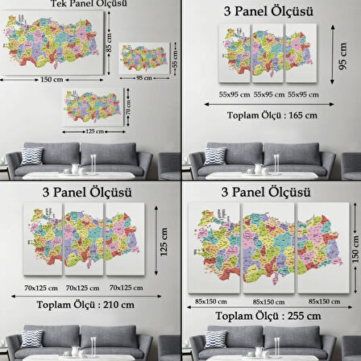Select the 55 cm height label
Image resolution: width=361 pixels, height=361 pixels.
point(173,60)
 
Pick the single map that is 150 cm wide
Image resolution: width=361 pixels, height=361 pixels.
point(51,41)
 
